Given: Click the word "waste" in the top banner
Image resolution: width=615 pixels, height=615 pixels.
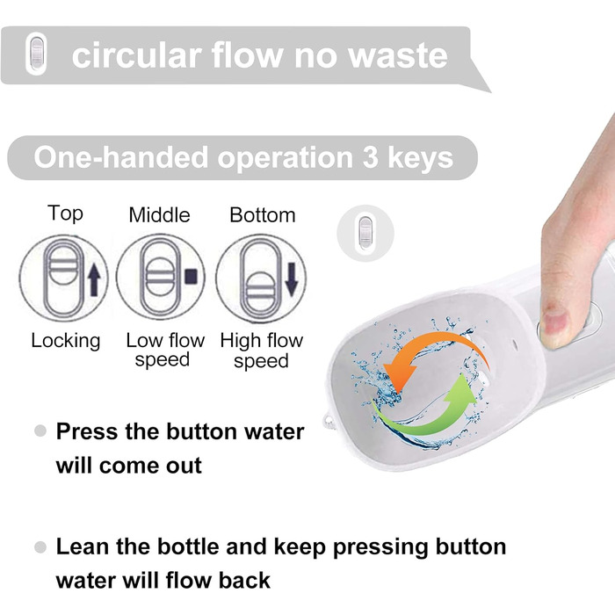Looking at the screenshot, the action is (x=398, y=55).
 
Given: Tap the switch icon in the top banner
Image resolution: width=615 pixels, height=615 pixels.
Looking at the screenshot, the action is (x=36, y=54).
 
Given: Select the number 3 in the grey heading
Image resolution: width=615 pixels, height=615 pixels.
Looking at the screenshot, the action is (x=370, y=157).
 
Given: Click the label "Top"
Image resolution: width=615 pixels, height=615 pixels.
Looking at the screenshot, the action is (x=65, y=213).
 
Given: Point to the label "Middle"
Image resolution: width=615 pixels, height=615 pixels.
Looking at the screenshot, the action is (x=159, y=215).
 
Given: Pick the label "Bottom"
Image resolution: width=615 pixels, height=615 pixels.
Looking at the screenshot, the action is (x=263, y=215).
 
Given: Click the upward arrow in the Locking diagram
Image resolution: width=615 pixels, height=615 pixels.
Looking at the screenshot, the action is (x=94, y=279).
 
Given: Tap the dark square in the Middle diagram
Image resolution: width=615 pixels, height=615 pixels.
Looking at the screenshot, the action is (x=192, y=276).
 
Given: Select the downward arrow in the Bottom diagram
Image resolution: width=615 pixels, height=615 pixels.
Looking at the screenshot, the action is (x=292, y=279).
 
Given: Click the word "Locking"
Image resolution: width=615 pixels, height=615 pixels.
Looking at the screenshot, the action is (x=66, y=341).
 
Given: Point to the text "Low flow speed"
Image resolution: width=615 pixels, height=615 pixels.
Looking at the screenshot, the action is (x=165, y=350).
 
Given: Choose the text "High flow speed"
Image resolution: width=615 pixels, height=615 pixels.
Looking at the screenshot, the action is (x=262, y=351).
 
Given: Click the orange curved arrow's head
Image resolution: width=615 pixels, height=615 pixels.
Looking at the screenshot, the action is (x=399, y=376).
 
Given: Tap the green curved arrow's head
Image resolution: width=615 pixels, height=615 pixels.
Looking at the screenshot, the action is (x=462, y=390).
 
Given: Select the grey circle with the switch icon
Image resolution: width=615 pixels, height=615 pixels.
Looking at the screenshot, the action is (x=365, y=233).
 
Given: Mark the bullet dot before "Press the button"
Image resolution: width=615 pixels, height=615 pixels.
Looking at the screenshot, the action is (x=40, y=431).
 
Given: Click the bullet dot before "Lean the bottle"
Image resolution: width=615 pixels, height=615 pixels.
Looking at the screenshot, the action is (x=40, y=547).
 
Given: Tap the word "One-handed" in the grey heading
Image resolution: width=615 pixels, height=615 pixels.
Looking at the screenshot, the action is (x=121, y=157).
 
